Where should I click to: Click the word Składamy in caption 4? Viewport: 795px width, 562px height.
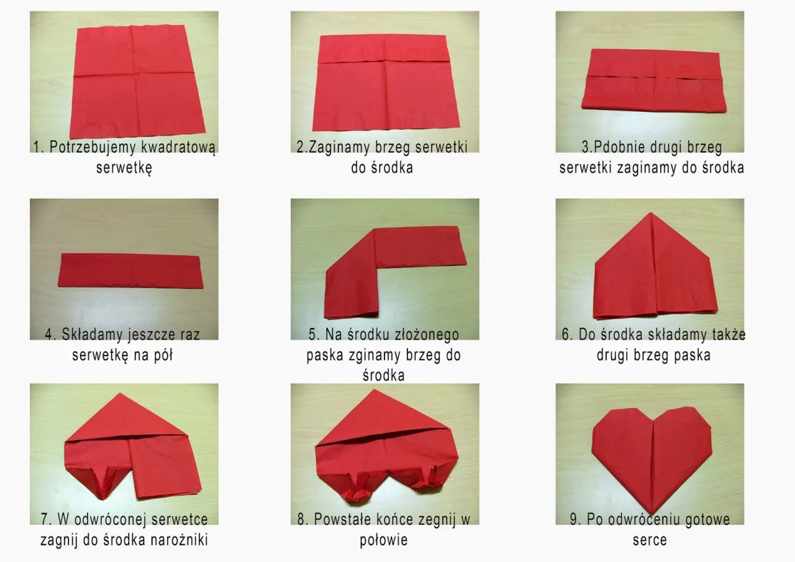pyautogui.click(x=93, y=335)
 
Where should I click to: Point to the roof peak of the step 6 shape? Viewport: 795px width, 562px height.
pyautogui.click(x=650, y=213)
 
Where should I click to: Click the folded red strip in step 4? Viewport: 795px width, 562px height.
pyautogui.click(x=130, y=270)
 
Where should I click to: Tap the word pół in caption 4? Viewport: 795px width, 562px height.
pyautogui.click(x=163, y=355)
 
